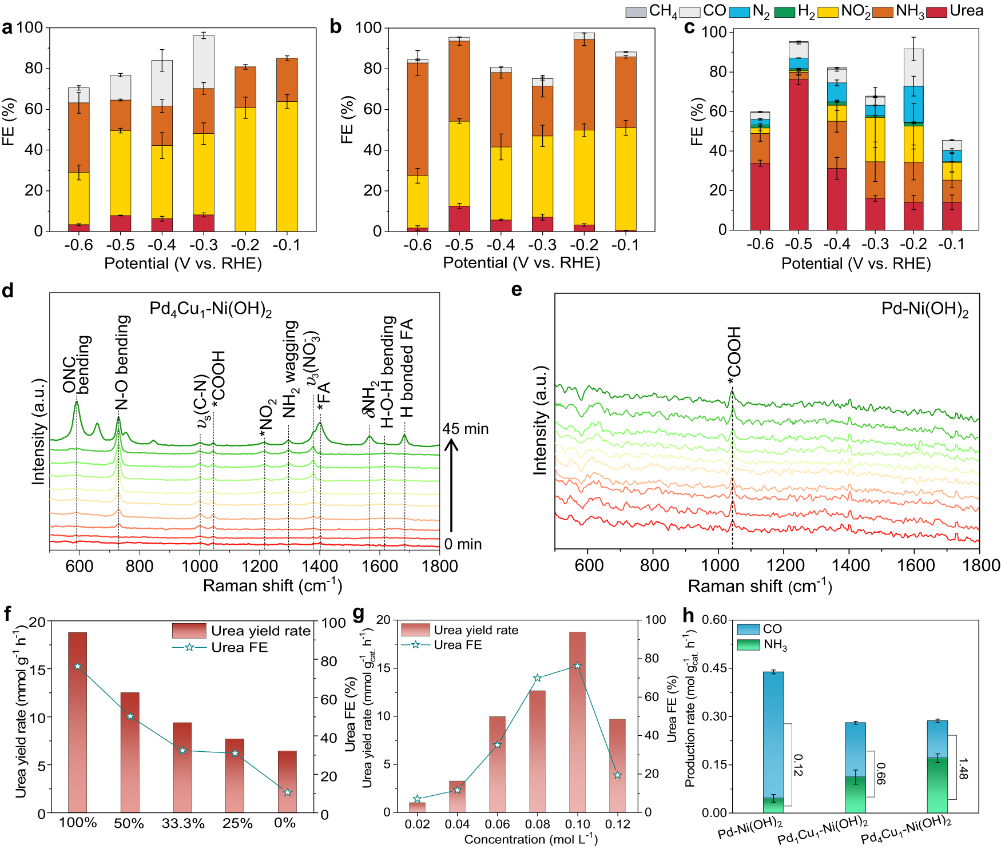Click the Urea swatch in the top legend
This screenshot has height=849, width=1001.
pyautogui.click(x=936, y=11)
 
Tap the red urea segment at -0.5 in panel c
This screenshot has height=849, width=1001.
pyautogui.click(x=799, y=154)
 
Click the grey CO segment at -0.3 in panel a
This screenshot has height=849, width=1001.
pyautogui.click(x=204, y=62)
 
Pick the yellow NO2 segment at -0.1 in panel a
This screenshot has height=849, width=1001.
pyautogui.click(x=287, y=166)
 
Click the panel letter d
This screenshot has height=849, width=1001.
pyautogui.click(x=7, y=290)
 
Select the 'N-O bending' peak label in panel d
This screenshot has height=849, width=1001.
pyautogui.click(x=122, y=362)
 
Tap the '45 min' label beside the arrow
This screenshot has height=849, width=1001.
pyautogui.click(x=465, y=429)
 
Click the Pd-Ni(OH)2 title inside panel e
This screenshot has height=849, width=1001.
pyautogui.click(x=924, y=309)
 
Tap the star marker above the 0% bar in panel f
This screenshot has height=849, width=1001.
pyautogui.click(x=288, y=792)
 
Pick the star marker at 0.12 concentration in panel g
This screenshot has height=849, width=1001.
pyautogui.click(x=617, y=775)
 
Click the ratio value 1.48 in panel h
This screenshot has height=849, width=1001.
pyautogui.click(x=963, y=768)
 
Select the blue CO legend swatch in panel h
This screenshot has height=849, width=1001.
pyautogui.click(x=748, y=629)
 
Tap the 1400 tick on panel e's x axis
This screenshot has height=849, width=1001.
pyautogui.click(x=850, y=565)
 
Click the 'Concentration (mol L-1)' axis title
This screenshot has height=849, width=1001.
pyautogui.click(x=531, y=839)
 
